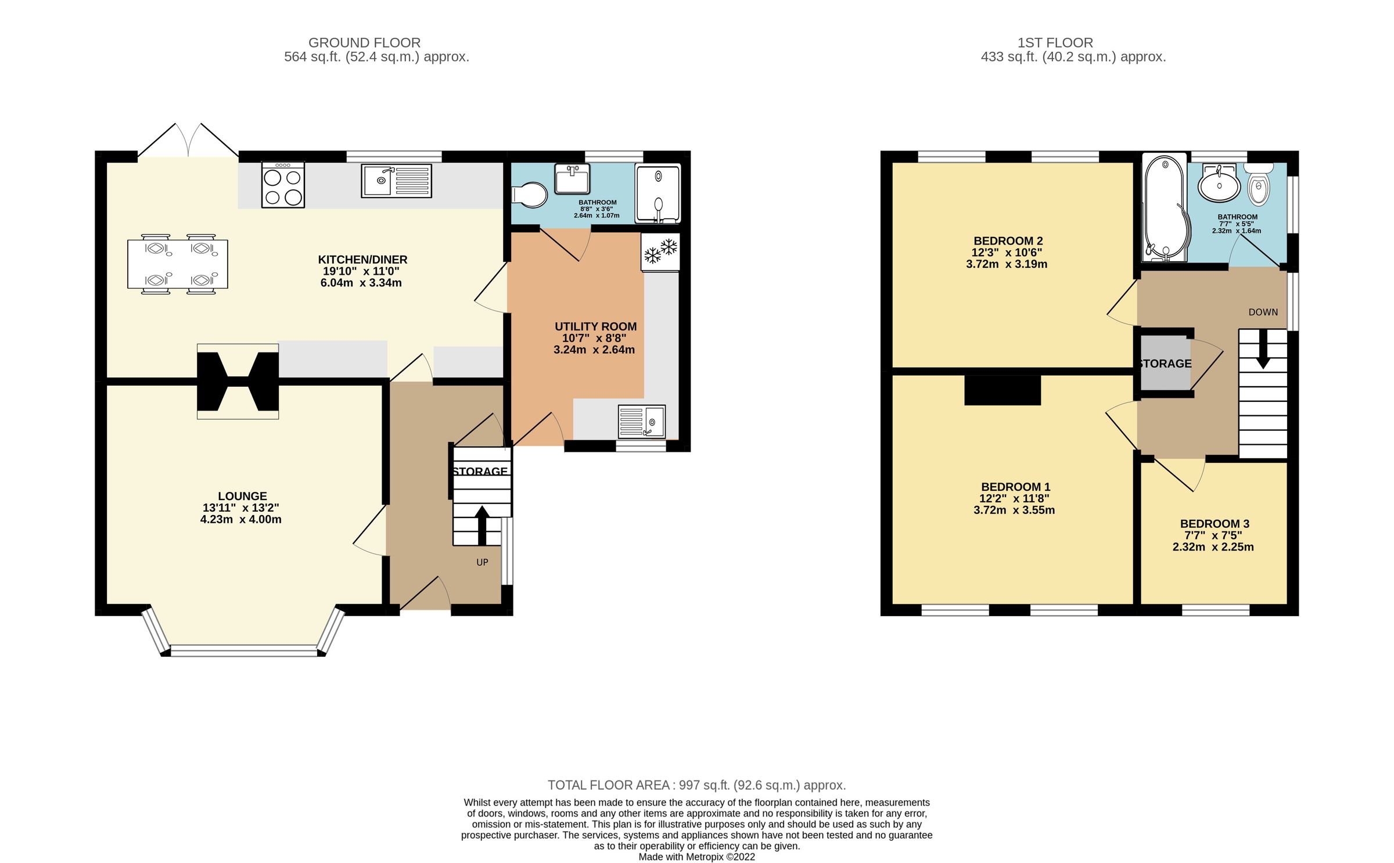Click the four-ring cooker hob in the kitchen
(283, 184)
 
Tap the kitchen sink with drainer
(396, 181)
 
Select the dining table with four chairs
(178, 264)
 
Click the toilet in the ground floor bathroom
(529, 195)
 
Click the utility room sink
(641, 422)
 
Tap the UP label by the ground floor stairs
(482, 562)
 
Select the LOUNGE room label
(242, 496)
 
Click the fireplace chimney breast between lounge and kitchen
(238, 381)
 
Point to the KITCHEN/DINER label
(362, 260)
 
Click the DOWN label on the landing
(1263, 312)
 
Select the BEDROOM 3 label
(1214, 523)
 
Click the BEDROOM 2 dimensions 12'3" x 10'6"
(1007, 253)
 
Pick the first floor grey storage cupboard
(1165, 364)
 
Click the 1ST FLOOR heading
(1055, 42)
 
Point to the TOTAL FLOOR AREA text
(696, 785)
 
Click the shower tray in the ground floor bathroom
(658, 194)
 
